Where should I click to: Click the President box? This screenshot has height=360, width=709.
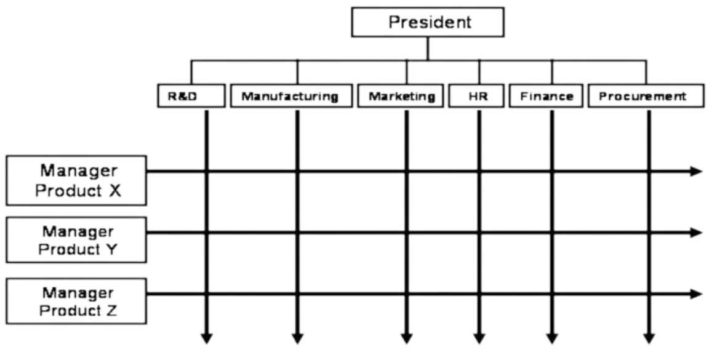428,22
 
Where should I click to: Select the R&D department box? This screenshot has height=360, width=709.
191,96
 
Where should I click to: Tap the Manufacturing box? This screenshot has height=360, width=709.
291,96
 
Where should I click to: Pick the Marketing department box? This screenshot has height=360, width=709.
401,96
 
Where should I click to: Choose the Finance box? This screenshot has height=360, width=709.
546,96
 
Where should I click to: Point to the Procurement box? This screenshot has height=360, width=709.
646,96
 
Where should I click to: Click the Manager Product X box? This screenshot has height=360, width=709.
76,180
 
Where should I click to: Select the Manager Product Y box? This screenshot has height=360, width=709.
76,240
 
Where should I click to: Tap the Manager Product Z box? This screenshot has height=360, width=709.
76,301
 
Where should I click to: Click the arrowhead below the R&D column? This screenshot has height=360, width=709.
207,338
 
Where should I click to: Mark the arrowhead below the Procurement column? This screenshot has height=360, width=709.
649,338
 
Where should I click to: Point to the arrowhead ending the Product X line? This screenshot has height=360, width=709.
696,172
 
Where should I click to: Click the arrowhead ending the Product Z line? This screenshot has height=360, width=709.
696,294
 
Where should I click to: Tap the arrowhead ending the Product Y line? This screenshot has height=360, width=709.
696,233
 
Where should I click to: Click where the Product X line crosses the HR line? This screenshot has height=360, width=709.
479,172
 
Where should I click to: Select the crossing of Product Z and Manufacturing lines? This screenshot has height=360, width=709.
297,294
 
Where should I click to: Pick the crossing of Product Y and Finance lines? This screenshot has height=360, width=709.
551,233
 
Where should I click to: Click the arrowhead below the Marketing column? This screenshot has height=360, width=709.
406,338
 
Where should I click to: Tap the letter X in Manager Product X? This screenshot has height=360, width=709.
115,191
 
